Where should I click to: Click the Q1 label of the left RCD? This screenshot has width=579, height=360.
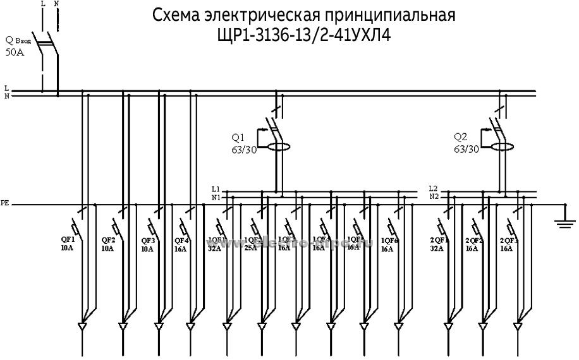pos(238,137)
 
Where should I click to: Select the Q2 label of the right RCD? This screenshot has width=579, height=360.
pos(461,137)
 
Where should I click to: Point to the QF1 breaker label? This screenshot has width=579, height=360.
pos(67,239)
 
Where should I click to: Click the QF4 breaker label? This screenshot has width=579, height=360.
pos(182,239)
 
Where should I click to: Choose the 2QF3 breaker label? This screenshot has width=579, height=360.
pos(508,240)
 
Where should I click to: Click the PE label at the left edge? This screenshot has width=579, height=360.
pos(5,204)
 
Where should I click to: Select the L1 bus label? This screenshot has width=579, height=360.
pos(216,189)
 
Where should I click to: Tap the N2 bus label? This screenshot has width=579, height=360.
pos(434,196)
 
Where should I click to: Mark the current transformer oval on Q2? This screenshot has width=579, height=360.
pos(502,147)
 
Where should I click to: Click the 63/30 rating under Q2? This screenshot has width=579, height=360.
pos(466,150)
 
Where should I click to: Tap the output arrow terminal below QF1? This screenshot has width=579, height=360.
pos(82,327)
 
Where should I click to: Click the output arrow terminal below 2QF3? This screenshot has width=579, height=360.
pos(518,327)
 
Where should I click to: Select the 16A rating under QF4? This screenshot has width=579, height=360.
pos(181,249)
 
